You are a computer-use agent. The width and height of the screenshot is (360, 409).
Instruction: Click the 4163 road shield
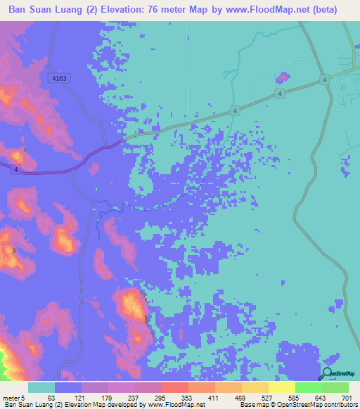click(59, 79)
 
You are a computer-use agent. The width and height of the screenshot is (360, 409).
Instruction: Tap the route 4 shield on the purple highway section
click(15, 169)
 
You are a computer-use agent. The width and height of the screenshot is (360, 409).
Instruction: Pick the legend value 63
click(50, 397)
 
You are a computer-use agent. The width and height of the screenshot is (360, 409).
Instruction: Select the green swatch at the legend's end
click(335, 387)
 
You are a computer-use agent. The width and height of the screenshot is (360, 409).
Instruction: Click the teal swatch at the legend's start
click(41, 387)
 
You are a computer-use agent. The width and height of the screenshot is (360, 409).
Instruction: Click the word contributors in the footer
click(338, 405)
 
